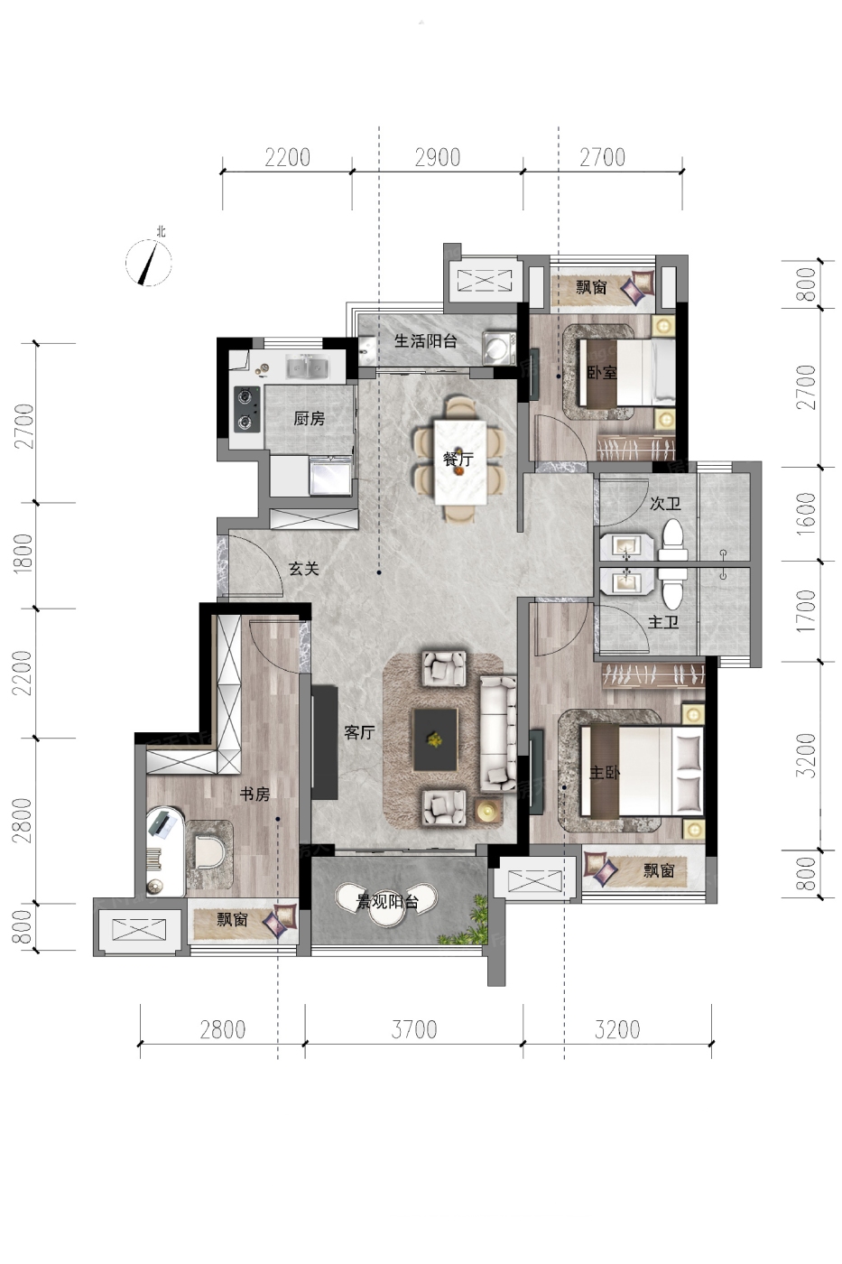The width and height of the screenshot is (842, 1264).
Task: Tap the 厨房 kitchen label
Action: tap(309, 419)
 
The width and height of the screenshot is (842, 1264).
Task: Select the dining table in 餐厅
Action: tap(460, 462)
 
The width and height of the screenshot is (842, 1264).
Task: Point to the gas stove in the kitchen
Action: tap(247, 408)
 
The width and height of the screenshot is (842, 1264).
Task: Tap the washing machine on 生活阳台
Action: tap(499, 348)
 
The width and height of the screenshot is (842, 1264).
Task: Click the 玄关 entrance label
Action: tap(304, 568)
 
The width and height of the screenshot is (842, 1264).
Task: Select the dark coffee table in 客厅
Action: tap(435, 739)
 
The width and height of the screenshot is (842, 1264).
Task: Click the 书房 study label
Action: tap(254, 794)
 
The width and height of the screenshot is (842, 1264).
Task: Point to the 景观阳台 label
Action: tap(387, 902)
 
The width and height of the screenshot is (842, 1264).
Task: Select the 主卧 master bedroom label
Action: tap(605, 772)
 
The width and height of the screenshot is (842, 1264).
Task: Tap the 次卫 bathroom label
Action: tap(665, 504)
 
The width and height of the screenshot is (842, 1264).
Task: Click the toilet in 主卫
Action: tap(672, 588)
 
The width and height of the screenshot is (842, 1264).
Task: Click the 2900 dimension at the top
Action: tap(438, 157)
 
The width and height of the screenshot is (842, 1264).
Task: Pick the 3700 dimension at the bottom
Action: tap(414, 1030)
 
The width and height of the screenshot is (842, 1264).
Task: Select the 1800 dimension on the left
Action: tap(23, 554)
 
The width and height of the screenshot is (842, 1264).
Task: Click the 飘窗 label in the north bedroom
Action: tap(591, 287)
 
